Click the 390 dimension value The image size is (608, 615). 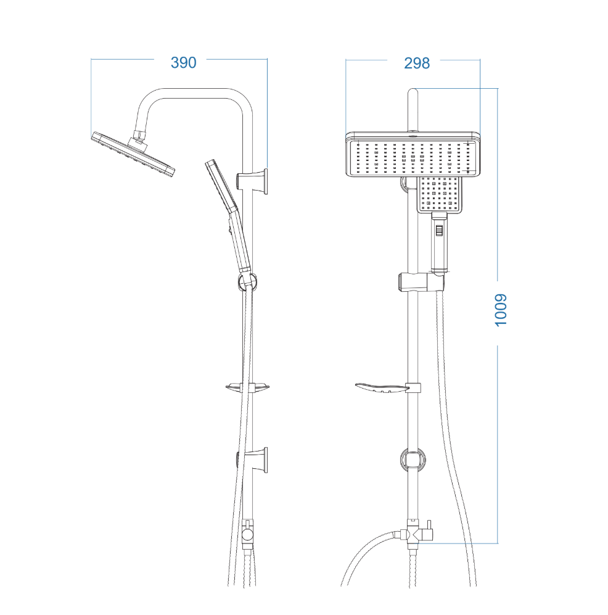184,63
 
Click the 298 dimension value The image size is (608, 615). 417,63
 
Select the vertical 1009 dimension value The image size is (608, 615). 501,310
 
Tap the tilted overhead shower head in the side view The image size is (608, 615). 133,155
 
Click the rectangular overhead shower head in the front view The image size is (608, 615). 413,155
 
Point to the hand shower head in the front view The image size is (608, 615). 440,194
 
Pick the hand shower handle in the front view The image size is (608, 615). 440,242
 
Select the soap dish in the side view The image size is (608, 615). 248,387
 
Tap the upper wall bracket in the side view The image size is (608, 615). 253,181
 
